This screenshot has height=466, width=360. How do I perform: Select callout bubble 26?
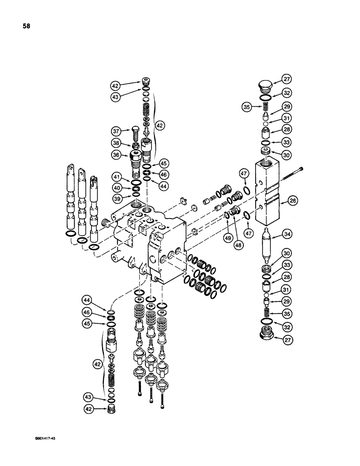pyautogui.click(x=293, y=201)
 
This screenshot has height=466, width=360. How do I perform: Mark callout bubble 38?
pyautogui.click(x=115, y=143)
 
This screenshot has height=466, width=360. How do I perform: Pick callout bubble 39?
pyautogui.click(x=115, y=199)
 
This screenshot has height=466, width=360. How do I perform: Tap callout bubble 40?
pyautogui.click(x=115, y=188)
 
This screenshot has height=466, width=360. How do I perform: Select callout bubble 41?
pyautogui.click(x=115, y=178)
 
